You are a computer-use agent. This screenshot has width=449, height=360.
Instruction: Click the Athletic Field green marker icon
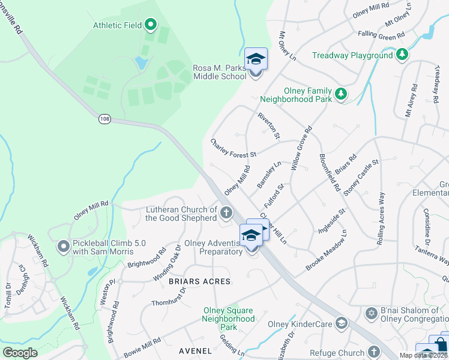click(151, 25)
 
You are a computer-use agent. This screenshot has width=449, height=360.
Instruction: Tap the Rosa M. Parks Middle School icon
click(256, 60)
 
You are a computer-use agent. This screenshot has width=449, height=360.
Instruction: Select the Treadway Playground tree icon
click(402, 55)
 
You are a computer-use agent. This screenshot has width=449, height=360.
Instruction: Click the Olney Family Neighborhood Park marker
click(340, 94)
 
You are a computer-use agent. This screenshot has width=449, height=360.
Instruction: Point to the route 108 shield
click(105, 119)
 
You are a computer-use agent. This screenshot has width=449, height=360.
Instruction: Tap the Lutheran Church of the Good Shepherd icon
click(226, 212)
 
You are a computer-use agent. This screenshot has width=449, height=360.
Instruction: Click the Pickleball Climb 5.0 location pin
click(64, 246)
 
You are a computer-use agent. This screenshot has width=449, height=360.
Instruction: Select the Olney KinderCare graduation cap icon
click(342, 323)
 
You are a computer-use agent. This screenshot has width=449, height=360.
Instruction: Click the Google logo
click(20, 353)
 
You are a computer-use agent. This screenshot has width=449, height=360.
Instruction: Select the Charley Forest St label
click(233, 148)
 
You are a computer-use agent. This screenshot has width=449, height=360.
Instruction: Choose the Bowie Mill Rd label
click(142, 347)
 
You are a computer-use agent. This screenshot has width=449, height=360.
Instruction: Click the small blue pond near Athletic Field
click(140, 62)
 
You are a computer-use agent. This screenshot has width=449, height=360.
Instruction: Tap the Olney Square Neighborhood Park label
click(228, 319)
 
